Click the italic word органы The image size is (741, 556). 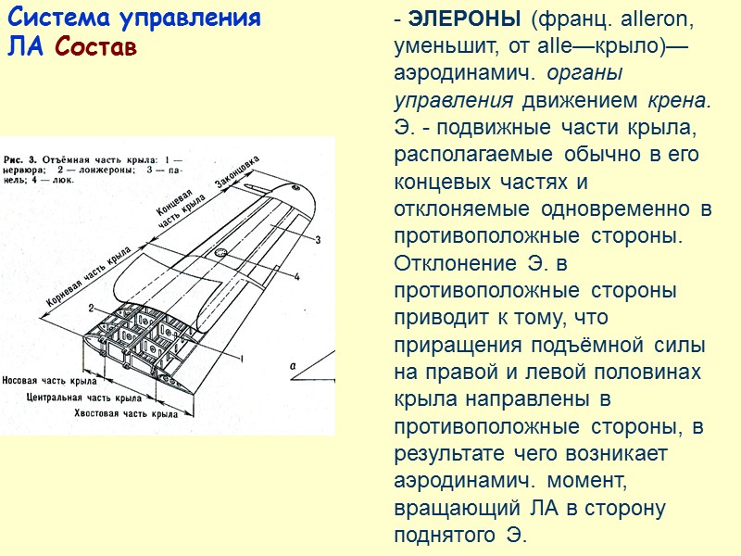[x=584, y=72]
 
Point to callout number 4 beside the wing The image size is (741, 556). [x=297, y=277]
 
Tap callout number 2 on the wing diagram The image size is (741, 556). [x=91, y=307]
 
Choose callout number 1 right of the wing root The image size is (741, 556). [x=242, y=357]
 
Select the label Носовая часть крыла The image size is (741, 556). [x=51, y=381]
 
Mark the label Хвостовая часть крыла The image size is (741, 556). [x=126, y=413]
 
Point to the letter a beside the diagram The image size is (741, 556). [x=293, y=366]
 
